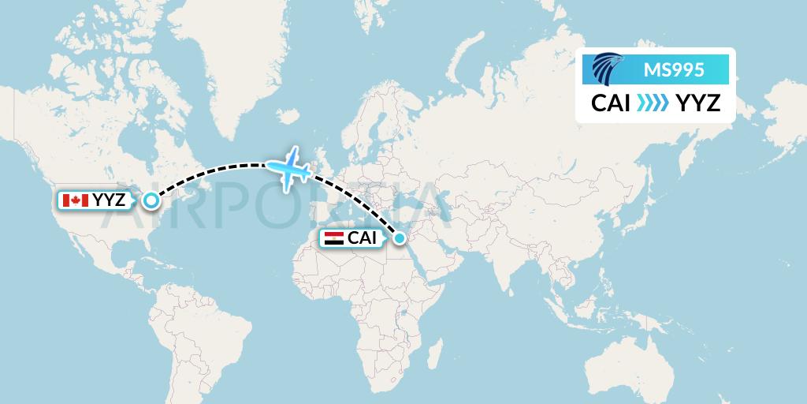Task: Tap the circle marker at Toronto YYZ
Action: tap(151, 200)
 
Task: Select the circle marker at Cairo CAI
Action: tap(400, 238)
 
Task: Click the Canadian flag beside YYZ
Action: tap(75, 200)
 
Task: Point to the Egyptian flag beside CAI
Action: tap(333, 238)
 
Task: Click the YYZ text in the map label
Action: tap(108, 200)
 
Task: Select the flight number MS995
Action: tap(675, 69)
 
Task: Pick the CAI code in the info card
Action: tap(611, 103)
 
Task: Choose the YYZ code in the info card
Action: tap(697, 103)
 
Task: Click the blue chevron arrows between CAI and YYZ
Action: tap(653, 103)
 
